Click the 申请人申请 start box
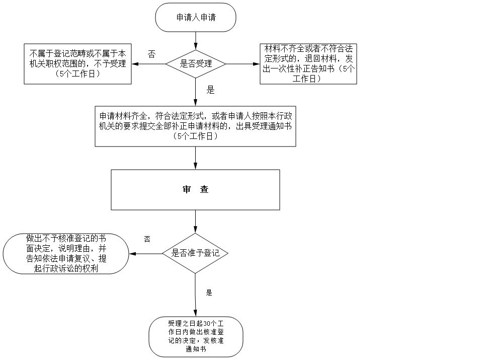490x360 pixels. click(196, 17)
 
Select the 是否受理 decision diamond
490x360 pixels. click(196, 64)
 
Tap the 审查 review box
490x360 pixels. click(195, 190)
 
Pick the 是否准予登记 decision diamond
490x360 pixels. click(196, 253)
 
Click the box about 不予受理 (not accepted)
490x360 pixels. click(78, 63)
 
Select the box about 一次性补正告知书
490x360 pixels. click(308, 64)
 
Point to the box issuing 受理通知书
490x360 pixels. click(195, 126)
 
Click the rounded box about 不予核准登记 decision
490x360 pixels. click(65, 253)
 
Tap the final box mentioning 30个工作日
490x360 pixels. click(196, 337)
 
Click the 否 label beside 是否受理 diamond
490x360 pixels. click(151, 54)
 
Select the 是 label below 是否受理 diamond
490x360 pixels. click(210, 91)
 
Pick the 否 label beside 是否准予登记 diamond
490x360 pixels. click(147, 239)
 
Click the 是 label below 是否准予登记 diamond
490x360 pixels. click(209, 292)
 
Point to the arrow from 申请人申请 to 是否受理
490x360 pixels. click(196, 40)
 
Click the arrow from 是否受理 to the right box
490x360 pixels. click(242, 64)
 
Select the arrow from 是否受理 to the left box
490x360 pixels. click(149, 64)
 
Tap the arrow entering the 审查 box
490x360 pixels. click(196, 158)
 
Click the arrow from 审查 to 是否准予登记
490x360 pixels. click(196, 222)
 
